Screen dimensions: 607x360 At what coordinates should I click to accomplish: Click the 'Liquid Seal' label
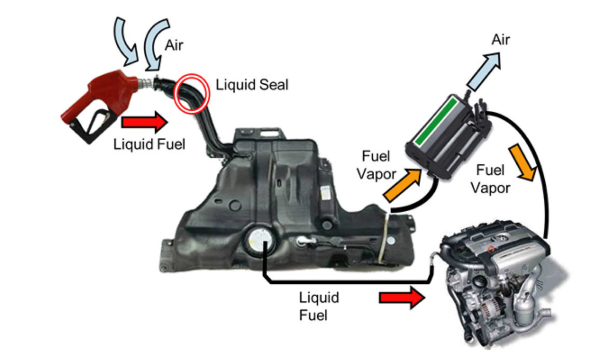(252, 85)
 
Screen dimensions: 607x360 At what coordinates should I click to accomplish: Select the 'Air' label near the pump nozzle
(174, 45)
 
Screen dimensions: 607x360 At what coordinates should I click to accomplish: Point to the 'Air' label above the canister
(501, 39)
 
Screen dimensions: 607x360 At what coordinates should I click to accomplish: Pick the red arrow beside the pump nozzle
(145, 122)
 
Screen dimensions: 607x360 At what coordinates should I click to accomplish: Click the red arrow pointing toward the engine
(402, 297)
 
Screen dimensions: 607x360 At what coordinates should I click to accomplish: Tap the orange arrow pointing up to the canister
(403, 184)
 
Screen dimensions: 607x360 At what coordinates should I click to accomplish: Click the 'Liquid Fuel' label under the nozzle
(149, 144)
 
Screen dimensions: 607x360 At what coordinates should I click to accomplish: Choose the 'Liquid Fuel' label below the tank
(319, 306)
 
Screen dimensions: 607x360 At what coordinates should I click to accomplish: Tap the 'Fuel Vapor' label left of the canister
(376, 165)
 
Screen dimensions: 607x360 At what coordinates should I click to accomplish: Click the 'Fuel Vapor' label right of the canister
(490, 179)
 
